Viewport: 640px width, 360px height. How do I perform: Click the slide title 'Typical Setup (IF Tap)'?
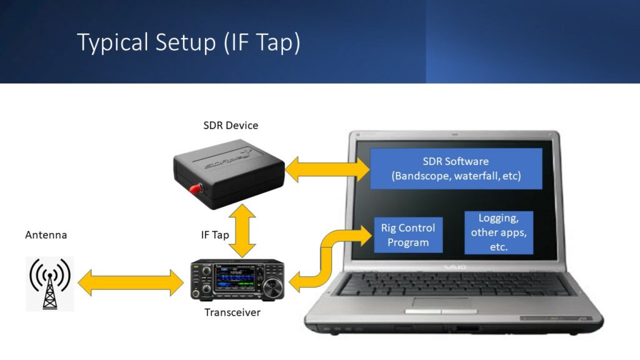pos(188,42)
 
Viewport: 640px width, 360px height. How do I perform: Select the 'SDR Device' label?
pos(231,126)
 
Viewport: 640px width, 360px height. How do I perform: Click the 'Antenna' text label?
pos(46,235)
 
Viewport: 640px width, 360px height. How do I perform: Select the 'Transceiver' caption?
pos(232,312)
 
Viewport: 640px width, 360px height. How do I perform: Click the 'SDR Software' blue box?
pos(456,169)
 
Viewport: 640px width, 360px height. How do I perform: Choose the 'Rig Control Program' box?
pos(407,235)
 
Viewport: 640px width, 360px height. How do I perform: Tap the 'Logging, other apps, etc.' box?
pos(498,232)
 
